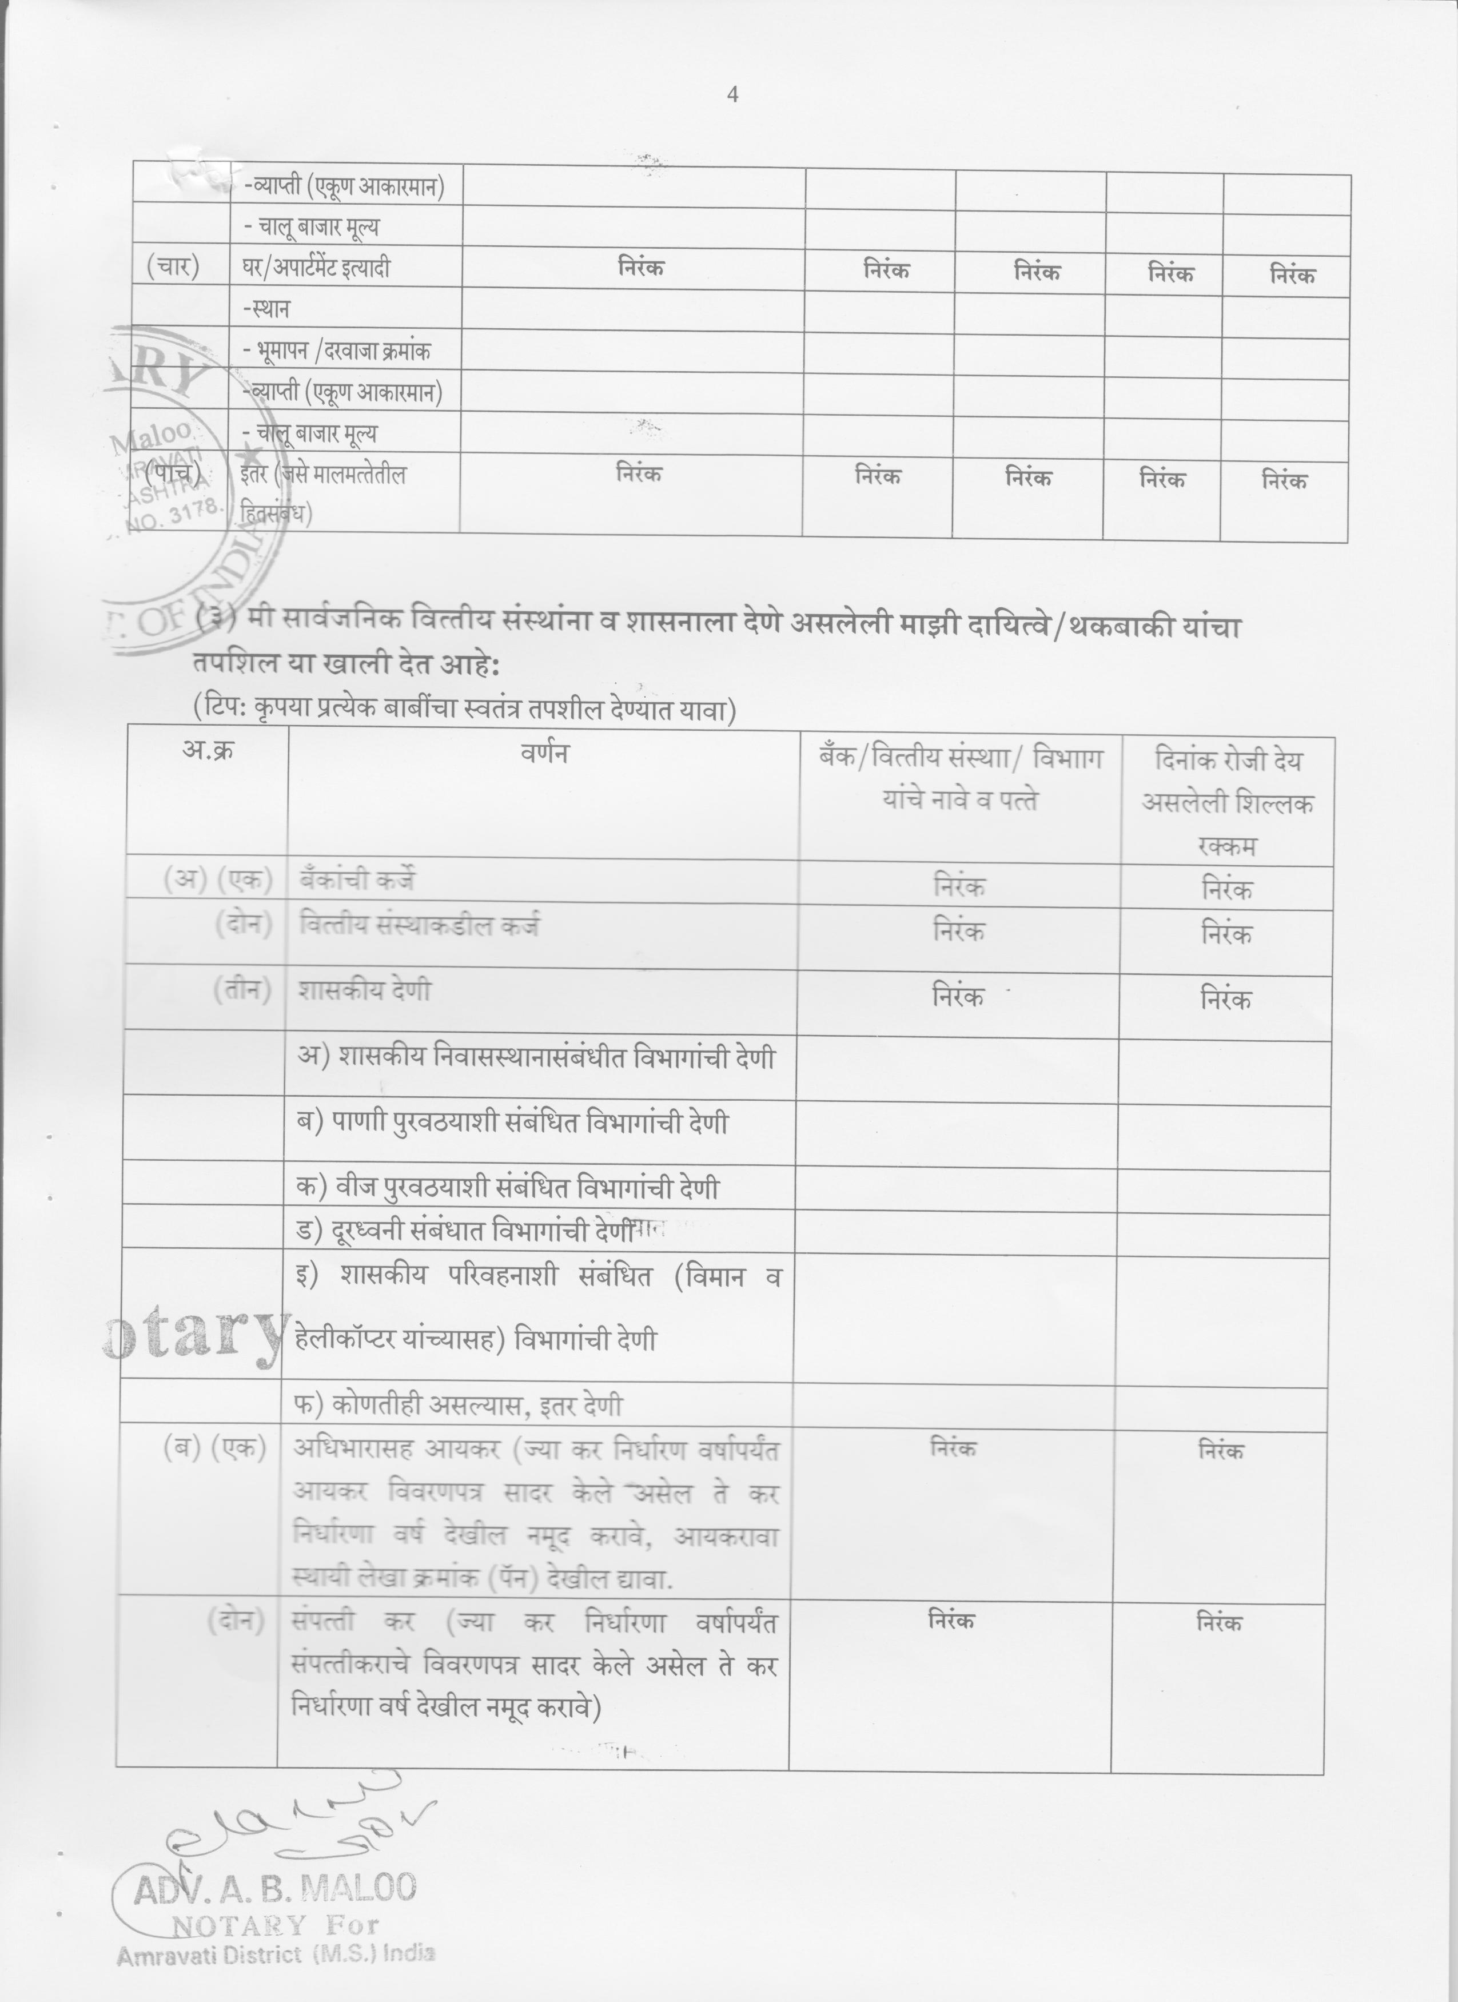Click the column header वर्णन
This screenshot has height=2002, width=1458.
coord(544,753)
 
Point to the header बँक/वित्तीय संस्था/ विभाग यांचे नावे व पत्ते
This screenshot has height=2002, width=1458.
coord(959,779)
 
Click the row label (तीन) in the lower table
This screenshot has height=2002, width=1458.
coord(241,990)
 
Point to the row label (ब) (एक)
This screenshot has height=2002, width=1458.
coord(214,1448)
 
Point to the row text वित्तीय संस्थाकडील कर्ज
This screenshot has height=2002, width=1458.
coord(419,926)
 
